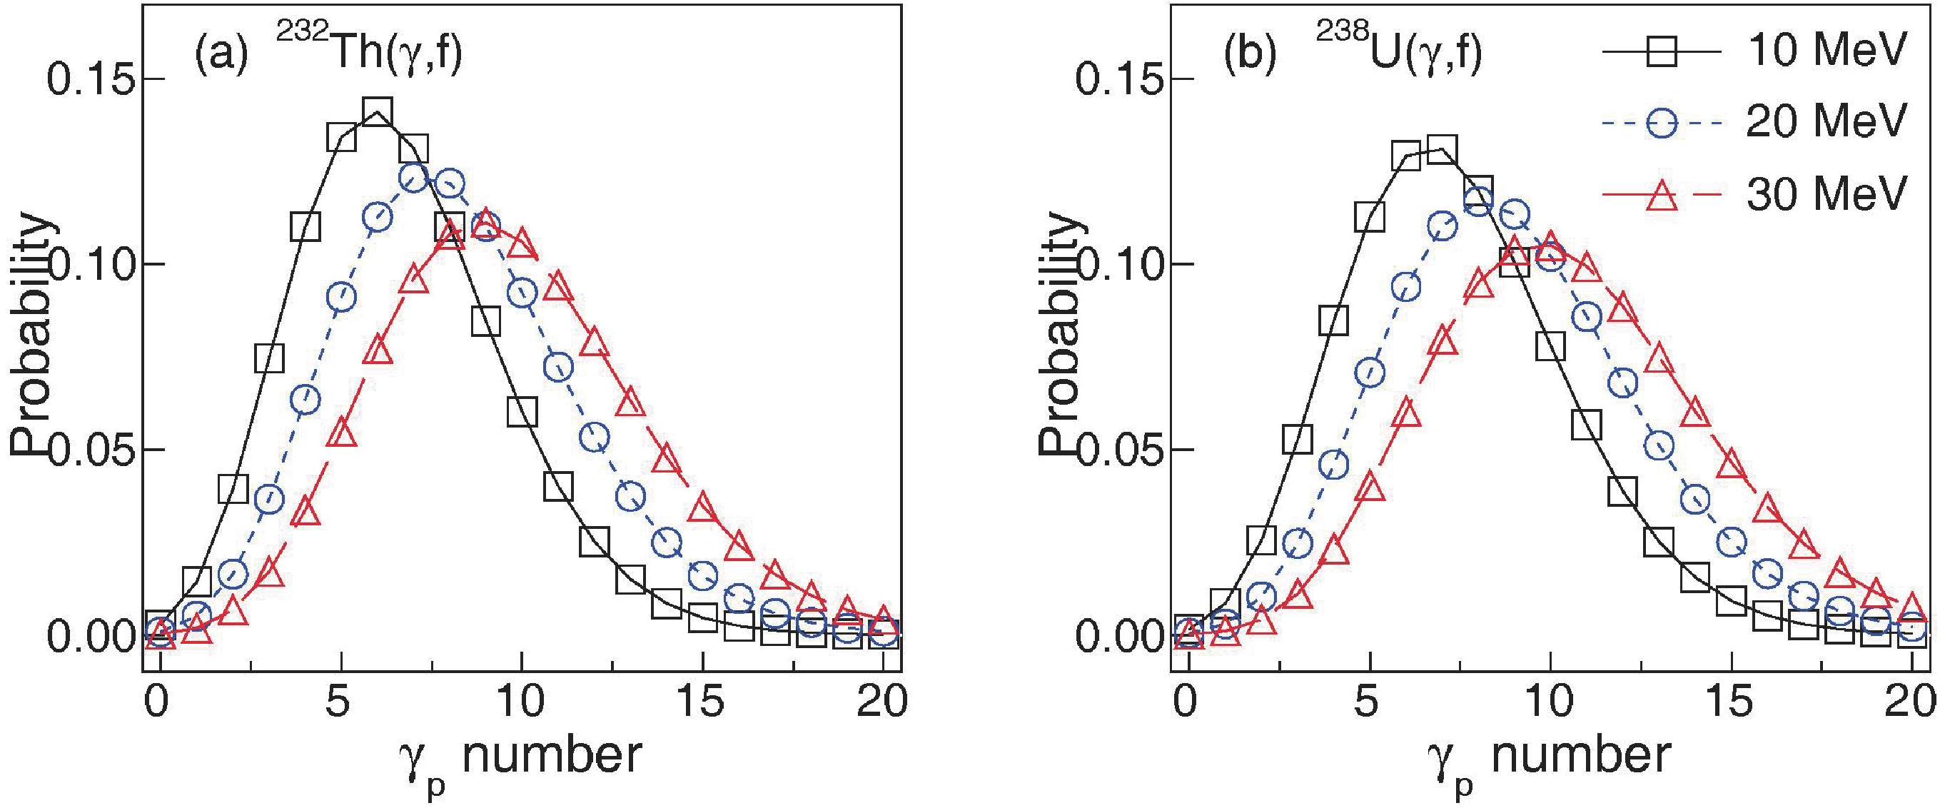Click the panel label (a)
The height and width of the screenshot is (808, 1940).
tap(221, 57)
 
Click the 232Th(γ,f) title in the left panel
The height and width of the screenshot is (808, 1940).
tap(369, 54)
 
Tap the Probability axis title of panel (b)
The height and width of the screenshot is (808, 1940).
tap(1062, 335)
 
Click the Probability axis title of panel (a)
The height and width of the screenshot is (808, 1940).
tap(33, 335)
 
